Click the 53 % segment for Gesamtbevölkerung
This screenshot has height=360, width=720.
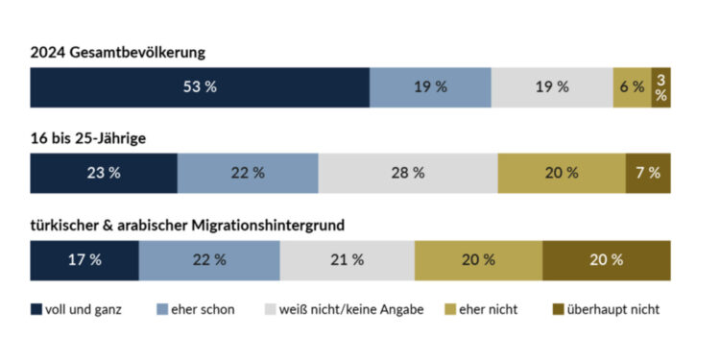tap(200, 87)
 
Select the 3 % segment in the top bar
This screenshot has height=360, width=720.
tap(660, 87)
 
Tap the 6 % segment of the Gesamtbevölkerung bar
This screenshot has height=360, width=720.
tap(632, 87)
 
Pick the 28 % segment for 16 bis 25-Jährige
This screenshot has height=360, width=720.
tap(407, 174)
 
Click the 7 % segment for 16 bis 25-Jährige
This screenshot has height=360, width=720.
tap(648, 174)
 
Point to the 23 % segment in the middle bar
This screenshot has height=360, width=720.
tap(104, 174)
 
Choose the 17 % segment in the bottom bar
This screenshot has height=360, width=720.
tap(84, 260)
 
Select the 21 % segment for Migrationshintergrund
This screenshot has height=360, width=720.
tap(347, 260)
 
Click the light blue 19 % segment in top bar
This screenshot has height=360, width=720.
tap(430, 87)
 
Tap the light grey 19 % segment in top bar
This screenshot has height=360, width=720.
tap(552, 87)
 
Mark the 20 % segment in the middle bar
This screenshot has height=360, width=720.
tap(562, 174)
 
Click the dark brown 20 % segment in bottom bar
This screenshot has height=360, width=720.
tap(607, 260)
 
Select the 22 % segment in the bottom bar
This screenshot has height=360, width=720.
tap(209, 260)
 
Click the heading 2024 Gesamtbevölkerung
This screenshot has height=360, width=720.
tap(117, 52)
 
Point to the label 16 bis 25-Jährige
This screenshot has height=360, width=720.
tap(88, 138)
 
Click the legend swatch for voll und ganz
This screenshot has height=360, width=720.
tap(36, 310)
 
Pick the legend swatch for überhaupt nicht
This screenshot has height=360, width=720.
tap(560, 310)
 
